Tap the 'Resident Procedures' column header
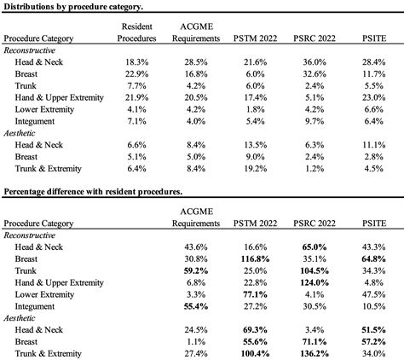(x=138, y=33)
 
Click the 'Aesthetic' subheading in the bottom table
(x=23, y=317)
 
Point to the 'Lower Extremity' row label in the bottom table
(x=48, y=294)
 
